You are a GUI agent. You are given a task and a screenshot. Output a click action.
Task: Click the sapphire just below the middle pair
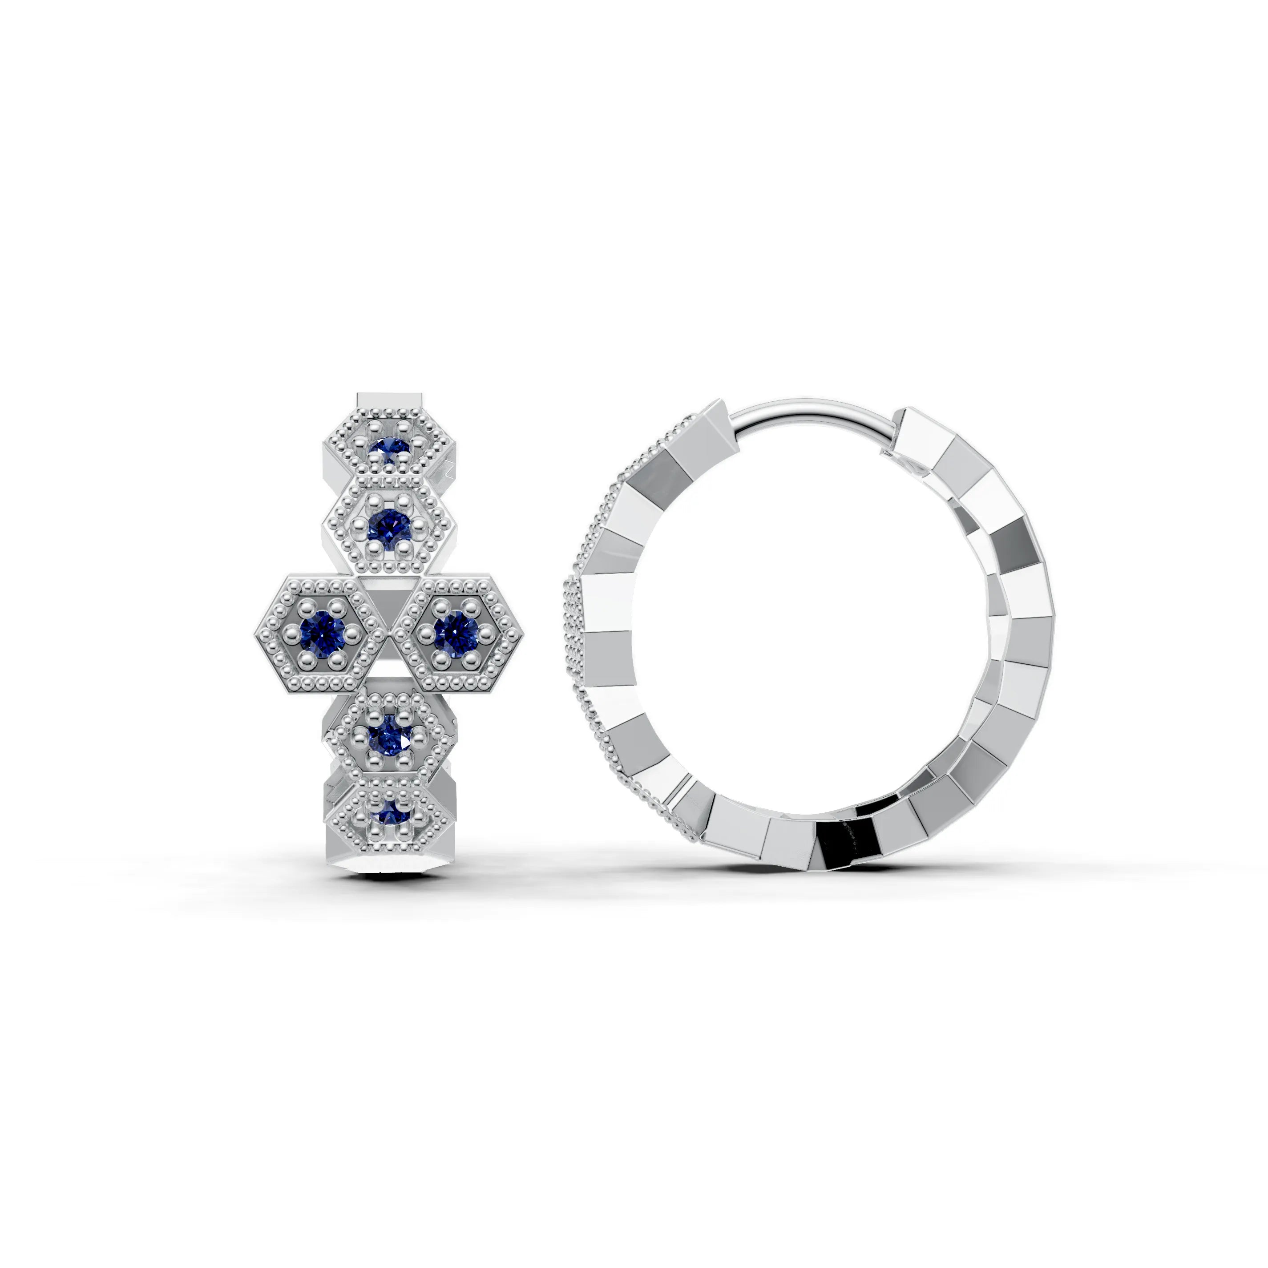(x=390, y=739)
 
